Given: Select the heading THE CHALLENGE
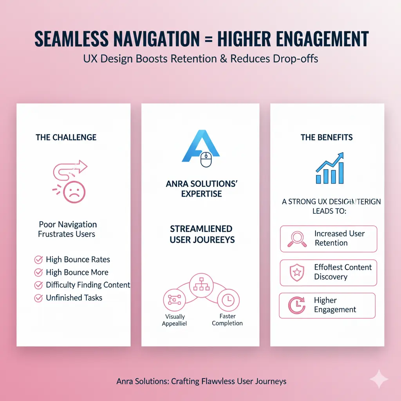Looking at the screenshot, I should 66,137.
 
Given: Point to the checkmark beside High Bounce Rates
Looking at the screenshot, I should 39,260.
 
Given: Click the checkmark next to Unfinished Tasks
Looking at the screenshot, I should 39,298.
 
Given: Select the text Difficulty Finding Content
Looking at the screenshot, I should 88,285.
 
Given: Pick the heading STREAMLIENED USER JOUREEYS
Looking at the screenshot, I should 201,234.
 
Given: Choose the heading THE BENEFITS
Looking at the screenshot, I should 327,137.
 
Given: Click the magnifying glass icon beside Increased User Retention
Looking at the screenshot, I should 296,238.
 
